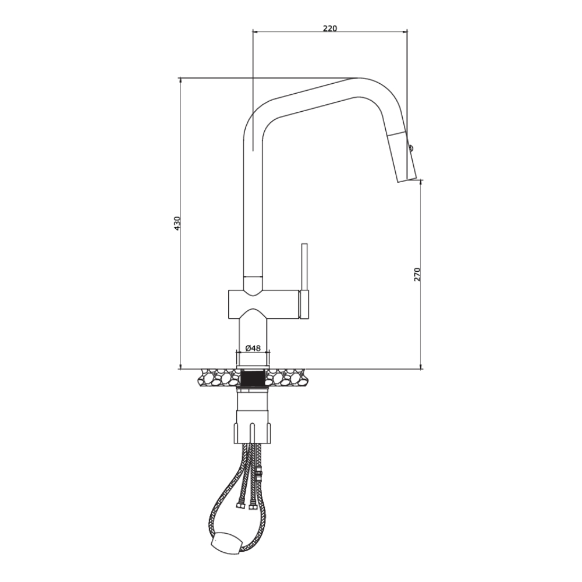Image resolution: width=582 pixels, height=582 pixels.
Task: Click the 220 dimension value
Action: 329,27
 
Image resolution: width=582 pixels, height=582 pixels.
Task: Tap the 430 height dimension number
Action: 178,224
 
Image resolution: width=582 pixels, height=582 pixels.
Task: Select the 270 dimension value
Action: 417,274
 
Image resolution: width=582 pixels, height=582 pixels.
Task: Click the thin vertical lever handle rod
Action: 304,265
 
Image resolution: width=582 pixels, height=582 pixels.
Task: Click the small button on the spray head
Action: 411,148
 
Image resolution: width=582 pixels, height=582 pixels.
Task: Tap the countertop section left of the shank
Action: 218,378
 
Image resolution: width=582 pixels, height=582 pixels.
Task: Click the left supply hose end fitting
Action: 240,506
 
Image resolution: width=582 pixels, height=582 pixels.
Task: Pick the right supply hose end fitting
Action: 253,506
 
